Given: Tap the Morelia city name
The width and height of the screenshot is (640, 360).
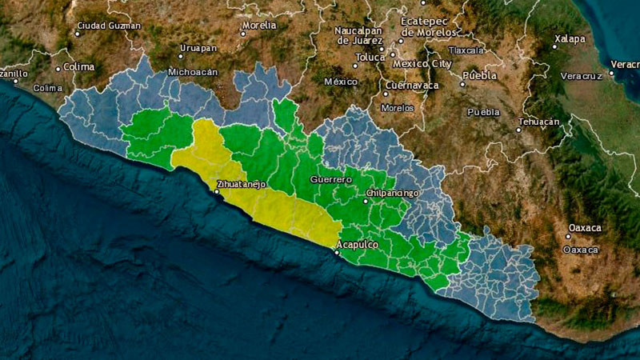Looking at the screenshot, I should (x=258, y=25).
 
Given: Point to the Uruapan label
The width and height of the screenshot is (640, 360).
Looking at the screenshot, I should (x=198, y=48).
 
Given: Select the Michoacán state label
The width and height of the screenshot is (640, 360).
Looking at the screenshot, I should (x=193, y=71).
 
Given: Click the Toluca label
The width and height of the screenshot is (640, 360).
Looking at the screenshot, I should (x=370, y=57).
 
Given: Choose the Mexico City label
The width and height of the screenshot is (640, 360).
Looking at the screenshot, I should (x=422, y=63).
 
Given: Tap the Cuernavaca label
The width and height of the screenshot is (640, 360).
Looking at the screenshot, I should (x=412, y=85).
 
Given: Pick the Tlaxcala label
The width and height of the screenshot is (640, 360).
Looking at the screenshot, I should (x=466, y=50).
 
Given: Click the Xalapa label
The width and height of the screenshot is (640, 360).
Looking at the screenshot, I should (x=569, y=38).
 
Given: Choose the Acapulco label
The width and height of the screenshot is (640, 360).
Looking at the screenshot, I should (x=357, y=244).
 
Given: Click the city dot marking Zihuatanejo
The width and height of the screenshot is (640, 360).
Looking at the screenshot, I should (x=216, y=192).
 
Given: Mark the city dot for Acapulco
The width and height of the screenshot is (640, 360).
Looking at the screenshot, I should (x=337, y=253).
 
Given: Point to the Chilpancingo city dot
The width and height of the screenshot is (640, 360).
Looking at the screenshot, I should (x=366, y=201).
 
